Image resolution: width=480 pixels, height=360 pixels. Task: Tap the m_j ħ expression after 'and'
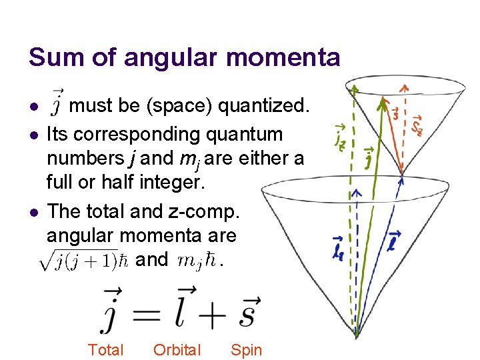click(x=198, y=260)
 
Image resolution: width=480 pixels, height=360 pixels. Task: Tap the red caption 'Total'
click(x=106, y=350)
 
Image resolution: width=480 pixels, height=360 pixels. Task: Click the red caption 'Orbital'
click(x=177, y=350)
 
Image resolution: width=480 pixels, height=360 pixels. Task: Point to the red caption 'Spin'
click(x=246, y=350)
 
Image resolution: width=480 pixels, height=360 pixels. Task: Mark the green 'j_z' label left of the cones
click(x=341, y=137)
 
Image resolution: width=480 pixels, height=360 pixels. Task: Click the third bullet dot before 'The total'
click(x=33, y=212)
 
